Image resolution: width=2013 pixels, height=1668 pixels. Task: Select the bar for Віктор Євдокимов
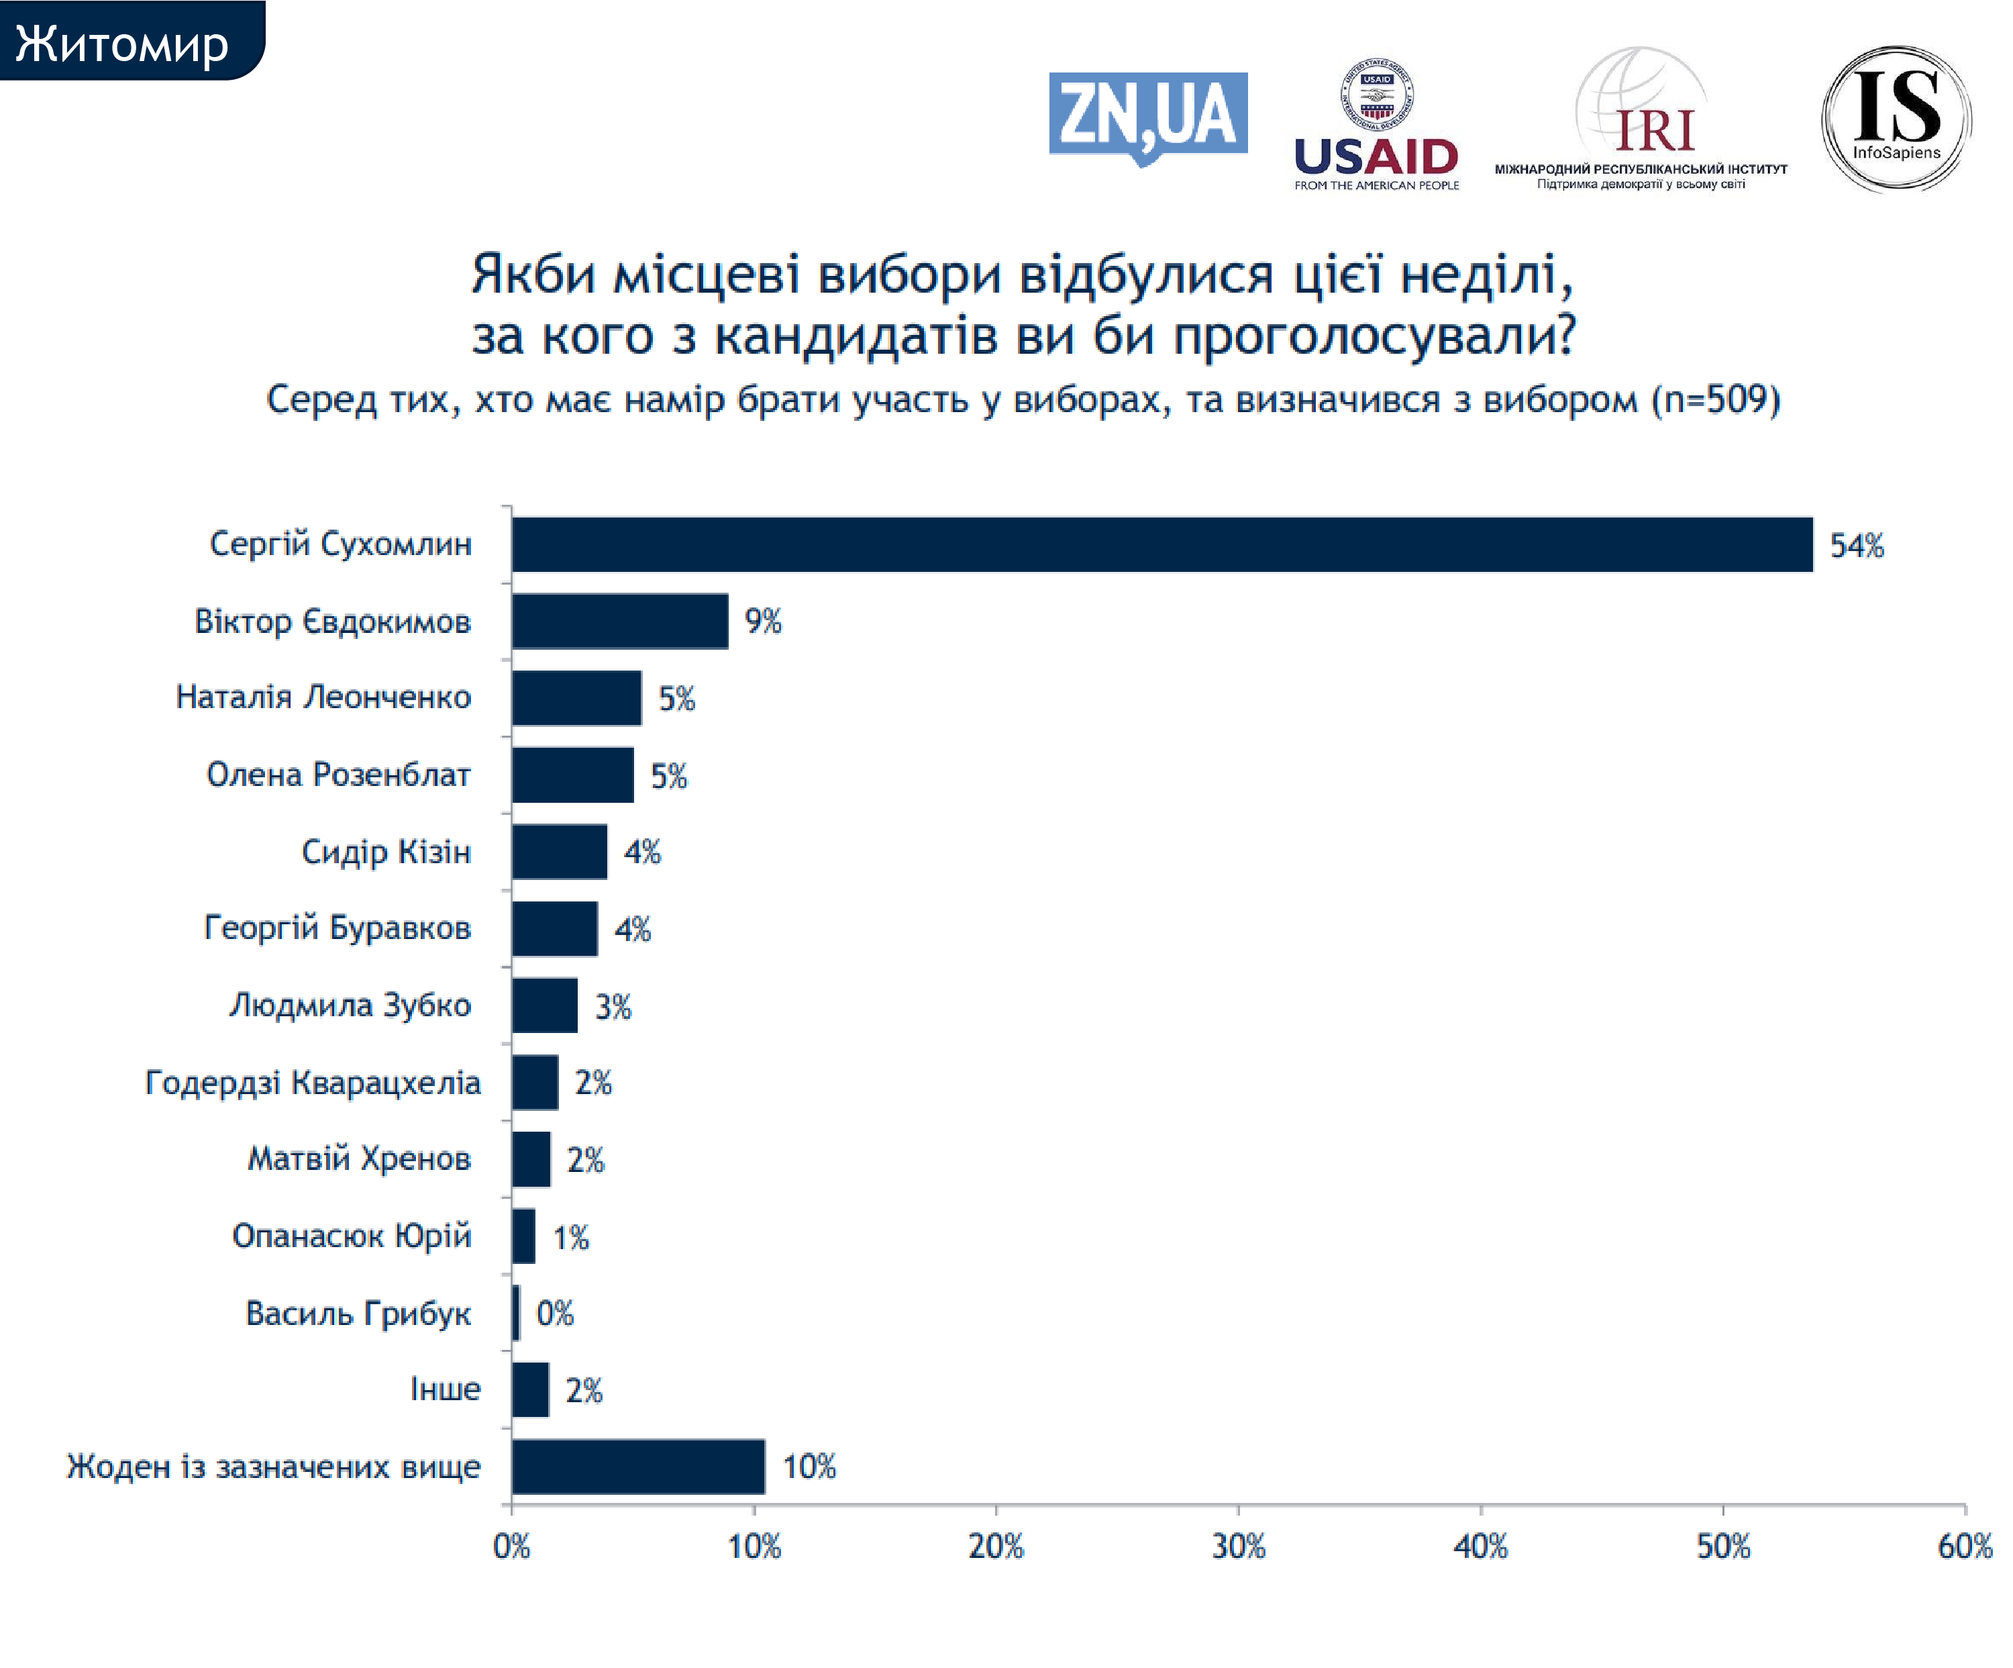[x=619, y=621]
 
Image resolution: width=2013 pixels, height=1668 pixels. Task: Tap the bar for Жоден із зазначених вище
[x=637, y=1466]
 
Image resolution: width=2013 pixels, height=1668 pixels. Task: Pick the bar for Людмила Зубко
[x=544, y=1005]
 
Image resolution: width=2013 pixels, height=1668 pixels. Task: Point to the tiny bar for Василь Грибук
[x=516, y=1312]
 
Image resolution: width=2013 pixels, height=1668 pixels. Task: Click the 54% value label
[x=1856, y=546]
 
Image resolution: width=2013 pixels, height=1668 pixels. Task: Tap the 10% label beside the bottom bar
[x=809, y=1467]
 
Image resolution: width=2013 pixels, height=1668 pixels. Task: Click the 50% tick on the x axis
[x=1722, y=1547]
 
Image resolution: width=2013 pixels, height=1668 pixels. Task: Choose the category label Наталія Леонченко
[x=323, y=697]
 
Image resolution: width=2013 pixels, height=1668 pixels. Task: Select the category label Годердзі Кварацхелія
[x=313, y=1082]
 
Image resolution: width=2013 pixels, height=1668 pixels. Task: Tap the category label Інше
[x=445, y=1389]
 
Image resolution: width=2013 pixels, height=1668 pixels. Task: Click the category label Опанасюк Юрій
[x=352, y=1236]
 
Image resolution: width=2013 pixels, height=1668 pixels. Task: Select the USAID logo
[x=1376, y=125]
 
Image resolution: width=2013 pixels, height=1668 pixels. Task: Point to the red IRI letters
[x=1655, y=132]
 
